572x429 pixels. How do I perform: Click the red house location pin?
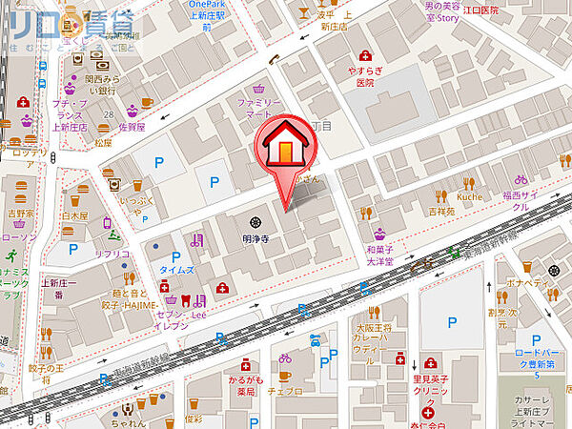pos(285,153)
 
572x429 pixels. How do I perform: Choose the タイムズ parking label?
pos(177,271)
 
